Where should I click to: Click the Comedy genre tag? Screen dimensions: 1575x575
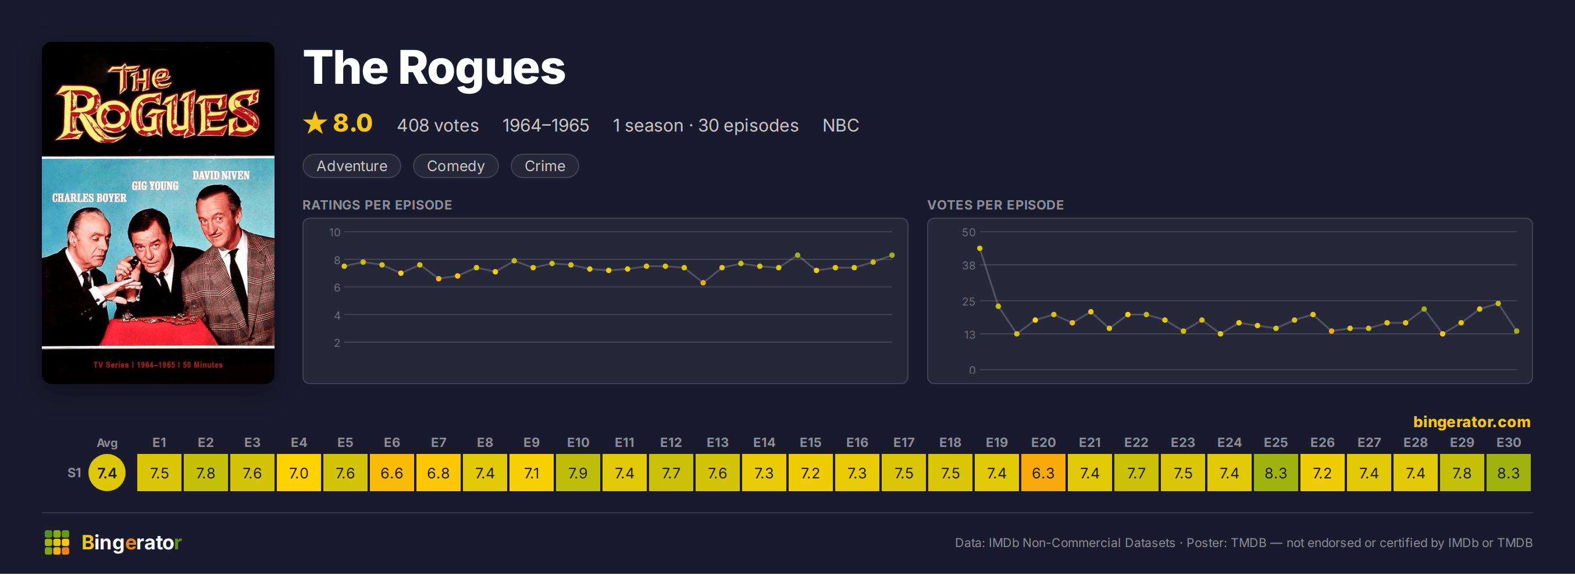click(x=455, y=166)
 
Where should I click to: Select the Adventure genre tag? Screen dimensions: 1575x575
click(x=351, y=166)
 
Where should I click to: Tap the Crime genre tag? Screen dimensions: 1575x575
click(x=544, y=166)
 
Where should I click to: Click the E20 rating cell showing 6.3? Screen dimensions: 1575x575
click(x=1043, y=473)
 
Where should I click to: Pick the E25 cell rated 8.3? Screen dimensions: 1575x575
click(x=1275, y=473)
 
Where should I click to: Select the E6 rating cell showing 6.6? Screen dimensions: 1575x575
click(x=391, y=473)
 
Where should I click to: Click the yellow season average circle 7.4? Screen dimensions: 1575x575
click(x=107, y=473)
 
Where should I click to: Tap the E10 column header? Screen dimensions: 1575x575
click(x=578, y=442)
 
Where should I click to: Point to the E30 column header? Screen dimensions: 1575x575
click(x=1508, y=442)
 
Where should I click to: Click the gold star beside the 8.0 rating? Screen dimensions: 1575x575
click(x=315, y=123)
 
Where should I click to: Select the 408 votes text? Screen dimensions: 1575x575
click(x=438, y=125)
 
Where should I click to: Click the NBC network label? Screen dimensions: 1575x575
click(x=840, y=125)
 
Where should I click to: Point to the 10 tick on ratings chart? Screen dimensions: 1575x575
click(x=334, y=232)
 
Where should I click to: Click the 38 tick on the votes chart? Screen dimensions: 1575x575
click(x=968, y=265)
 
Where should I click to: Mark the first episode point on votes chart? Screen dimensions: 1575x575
click(x=979, y=249)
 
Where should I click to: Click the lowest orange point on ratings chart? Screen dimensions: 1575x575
click(x=703, y=283)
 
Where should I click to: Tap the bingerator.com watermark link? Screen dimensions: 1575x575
click(x=1471, y=421)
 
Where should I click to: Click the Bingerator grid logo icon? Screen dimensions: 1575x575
click(x=57, y=542)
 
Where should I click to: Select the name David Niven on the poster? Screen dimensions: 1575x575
click(x=220, y=176)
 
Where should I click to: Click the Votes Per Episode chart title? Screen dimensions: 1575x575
click(x=995, y=205)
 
